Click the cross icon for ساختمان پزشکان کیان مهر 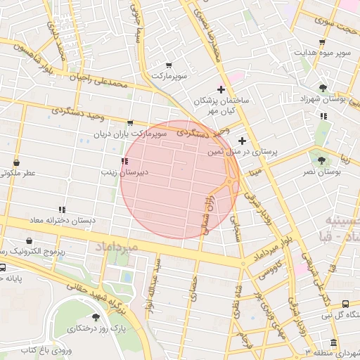(x=221, y=89)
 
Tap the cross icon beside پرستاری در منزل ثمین (x=242, y=141)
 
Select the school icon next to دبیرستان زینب (x=125, y=161)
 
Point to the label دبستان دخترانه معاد (x=62, y=220)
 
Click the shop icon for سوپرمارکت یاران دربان (x=130, y=124)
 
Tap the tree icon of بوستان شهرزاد (x=323, y=88)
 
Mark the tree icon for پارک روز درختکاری (x=96, y=319)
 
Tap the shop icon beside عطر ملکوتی (x=15, y=162)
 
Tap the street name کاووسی (x=272, y=269)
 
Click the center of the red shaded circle (x=179, y=179)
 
